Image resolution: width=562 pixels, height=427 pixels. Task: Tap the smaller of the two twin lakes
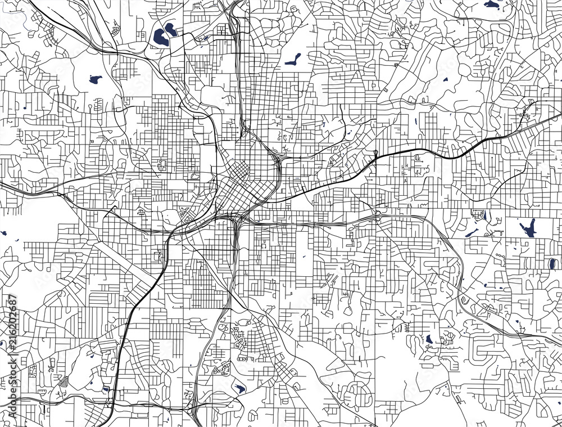[x=171, y=29]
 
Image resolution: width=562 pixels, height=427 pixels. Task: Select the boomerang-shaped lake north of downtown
[x=292, y=59]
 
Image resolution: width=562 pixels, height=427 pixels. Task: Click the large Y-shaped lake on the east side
[x=528, y=228]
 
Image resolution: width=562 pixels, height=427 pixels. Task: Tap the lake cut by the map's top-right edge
[x=492, y=5]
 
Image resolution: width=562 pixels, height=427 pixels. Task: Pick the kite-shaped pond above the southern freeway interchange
[x=240, y=388]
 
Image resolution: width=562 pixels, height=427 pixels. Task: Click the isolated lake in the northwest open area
[x=95, y=79]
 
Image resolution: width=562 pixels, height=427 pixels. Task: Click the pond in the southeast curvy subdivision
[x=429, y=339]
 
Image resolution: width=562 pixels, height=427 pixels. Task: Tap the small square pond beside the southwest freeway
[x=106, y=389]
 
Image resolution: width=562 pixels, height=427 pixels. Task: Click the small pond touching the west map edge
[x=3, y=233]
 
